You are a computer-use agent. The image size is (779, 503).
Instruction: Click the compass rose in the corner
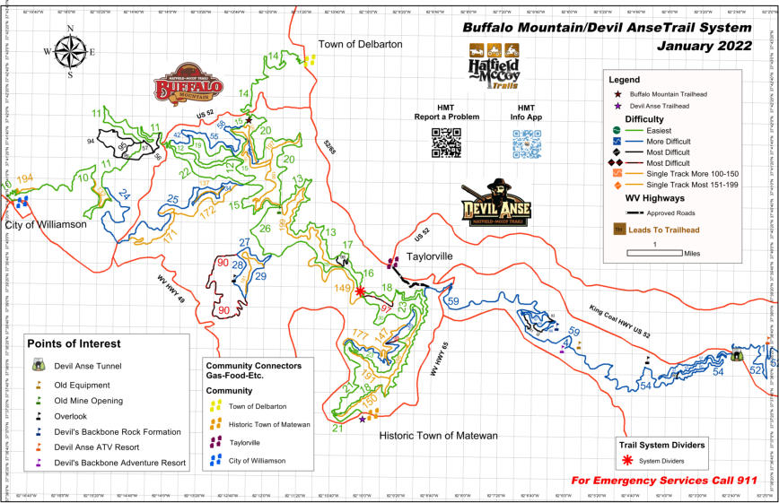(70, 52)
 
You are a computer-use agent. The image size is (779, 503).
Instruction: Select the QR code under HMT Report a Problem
(445, 143)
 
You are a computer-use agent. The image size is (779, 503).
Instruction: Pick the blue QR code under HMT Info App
(527, 143)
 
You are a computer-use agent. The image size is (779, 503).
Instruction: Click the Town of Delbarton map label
(362, 43)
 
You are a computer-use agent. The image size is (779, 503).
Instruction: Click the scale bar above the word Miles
(655, 254)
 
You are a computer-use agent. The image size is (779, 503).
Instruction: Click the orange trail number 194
(25, 178)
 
